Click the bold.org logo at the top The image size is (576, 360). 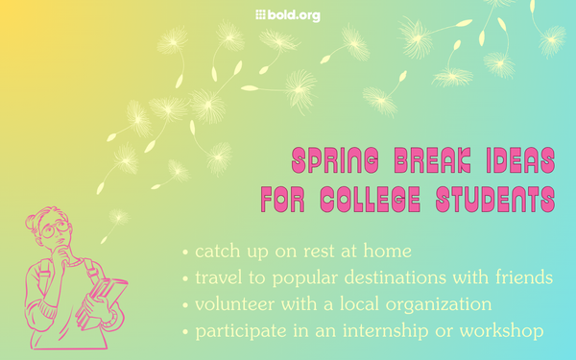click(x=287, y=14)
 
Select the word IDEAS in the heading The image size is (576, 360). click(x=516, y=159)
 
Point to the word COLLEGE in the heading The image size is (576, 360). click(x=380, y=200)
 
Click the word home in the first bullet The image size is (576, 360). click(x=388, y=252)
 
